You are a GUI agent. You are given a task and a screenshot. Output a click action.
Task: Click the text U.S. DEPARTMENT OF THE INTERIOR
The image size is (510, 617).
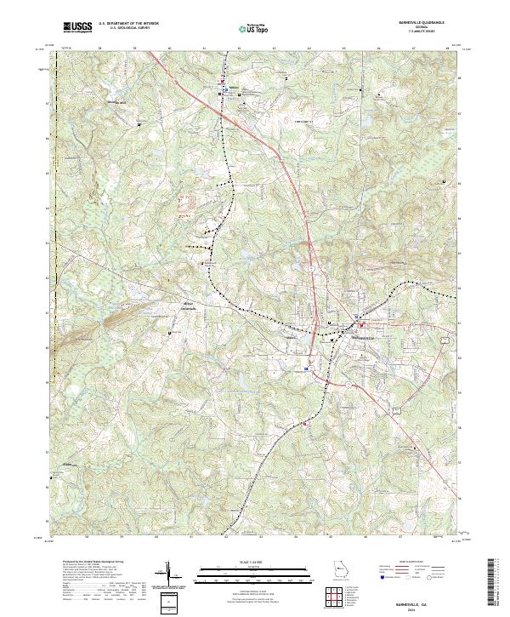click(128, 25)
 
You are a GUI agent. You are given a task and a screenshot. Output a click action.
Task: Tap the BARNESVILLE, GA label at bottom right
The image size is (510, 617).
click(422, 599)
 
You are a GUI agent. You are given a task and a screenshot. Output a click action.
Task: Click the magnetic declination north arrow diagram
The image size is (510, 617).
click(167, 574)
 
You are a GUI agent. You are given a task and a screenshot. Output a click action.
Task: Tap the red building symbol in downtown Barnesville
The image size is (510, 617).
click(361, 325)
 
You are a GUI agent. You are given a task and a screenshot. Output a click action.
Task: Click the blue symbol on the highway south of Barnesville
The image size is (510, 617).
click(307, 369)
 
